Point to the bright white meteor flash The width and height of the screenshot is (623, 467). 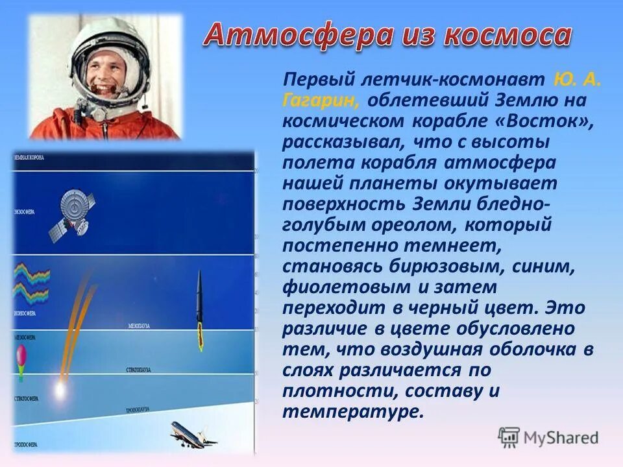pos(59,390)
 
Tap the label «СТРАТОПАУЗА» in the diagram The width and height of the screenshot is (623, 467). pos(138,369)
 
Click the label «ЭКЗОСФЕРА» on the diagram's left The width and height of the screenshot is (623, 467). pos(24,212)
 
